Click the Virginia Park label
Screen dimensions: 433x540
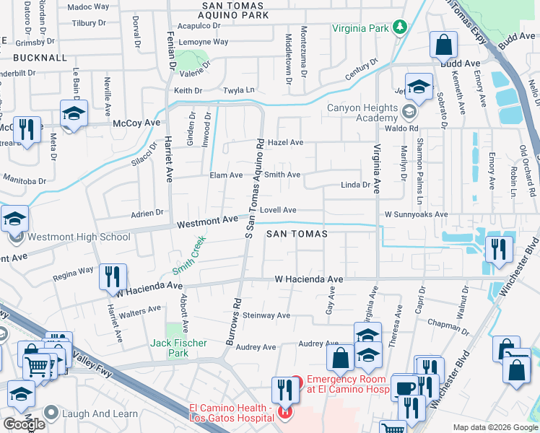coord(360,29)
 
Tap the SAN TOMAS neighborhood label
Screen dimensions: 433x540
coord(297,234)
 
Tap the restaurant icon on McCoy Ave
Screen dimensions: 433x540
coord(27,130)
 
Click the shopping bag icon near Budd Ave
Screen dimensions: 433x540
coord(443,45)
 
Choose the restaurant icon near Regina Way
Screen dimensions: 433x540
coord(113,276)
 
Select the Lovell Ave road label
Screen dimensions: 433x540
coord(278,210)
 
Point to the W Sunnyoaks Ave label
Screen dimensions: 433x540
coord(416,214)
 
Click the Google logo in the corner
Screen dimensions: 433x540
coord(24,424)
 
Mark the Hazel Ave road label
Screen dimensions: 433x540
coord(285,143)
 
